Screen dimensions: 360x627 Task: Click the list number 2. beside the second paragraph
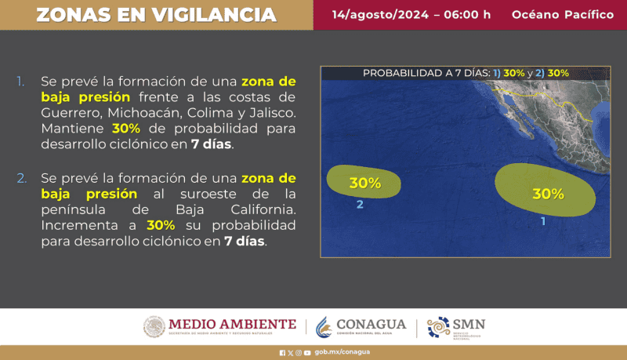pyautogui.click(x=21, y=178)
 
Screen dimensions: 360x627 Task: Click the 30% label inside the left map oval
pyautogui.click(x=365, y=184)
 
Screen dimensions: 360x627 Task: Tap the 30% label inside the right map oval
pyautogui.click(x=548, y=194)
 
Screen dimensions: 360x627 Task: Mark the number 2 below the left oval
pyautogui.click(x=360, y=205)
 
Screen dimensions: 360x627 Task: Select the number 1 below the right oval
pyautogui.click(x=543, y=222)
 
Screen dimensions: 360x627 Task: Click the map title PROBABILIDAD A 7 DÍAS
pyautogui.click(x=426, y=73)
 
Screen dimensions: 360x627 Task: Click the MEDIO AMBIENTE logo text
pyautogui.click(x=232, y=324)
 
